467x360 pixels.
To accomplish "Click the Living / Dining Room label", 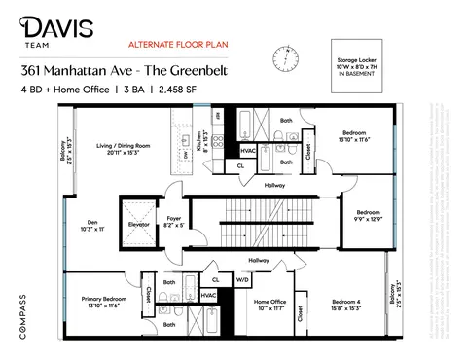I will click(x=124, y=148).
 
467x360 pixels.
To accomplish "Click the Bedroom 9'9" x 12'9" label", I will click(x=368, y=215).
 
